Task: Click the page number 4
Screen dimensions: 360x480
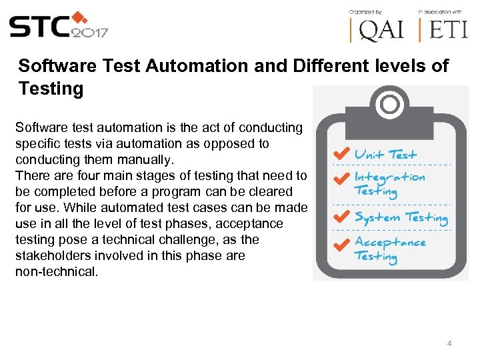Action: click(449, 343)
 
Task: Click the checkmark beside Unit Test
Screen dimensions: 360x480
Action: click(341, 153)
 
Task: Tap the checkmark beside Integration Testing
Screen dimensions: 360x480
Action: click(341, 179)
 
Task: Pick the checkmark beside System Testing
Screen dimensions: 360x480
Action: click(341, 217)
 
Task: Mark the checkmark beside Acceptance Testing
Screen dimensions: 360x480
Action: click(341, 245)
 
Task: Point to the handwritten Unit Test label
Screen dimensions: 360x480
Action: click(385, 154)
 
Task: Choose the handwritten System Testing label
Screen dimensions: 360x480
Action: click(401, 217)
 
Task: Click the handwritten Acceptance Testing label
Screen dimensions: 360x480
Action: click(389, 249)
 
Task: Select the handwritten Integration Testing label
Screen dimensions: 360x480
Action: click(389, 183)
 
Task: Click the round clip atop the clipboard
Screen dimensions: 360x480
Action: click(389, 103)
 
